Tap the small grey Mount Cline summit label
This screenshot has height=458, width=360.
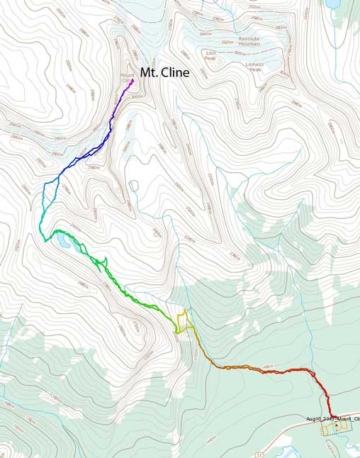pyautogui.click(x=127, y=78)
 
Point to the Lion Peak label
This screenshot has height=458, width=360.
pyautogui.click(x=210, y=55)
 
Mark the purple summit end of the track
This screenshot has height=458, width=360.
pyautogui.click(x=133, y=80)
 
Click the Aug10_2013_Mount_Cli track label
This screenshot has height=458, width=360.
pyautogui.click(x=332, y=419)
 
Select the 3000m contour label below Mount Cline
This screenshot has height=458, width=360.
pyautogui.click(x=137, y=96)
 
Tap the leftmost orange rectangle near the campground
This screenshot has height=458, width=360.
pyautogui.click(x=325, y=430)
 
